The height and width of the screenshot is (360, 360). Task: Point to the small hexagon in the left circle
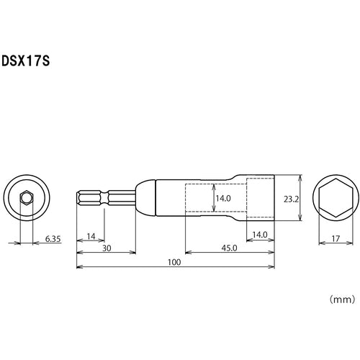[27, 195]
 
